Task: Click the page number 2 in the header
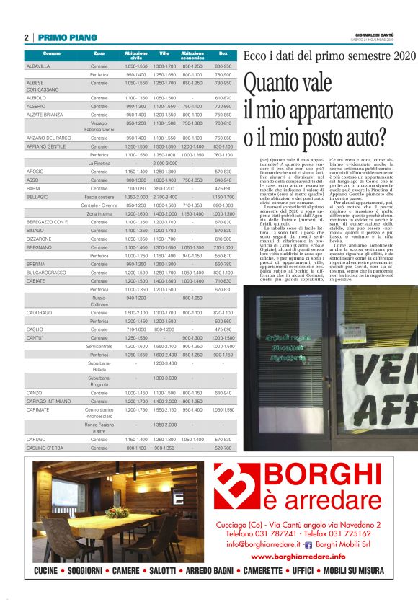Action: (27, 37)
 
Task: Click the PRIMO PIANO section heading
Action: (67, 37)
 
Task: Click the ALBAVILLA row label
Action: (38, 66)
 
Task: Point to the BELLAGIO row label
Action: (37, 197)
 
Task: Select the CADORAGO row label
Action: (39, 312)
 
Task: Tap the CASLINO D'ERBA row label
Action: (45, 448)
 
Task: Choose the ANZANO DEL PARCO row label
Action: (48, 138)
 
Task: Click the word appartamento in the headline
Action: (328, 110)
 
